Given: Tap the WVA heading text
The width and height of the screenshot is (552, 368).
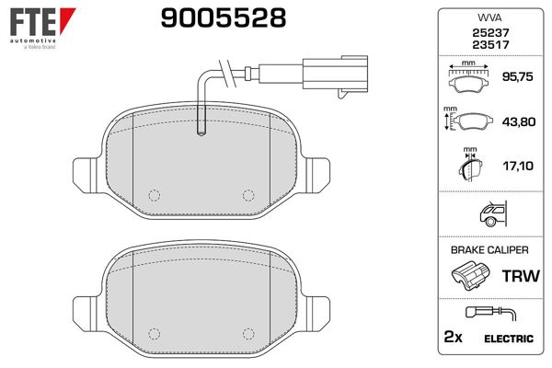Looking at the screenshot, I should [x=489, y=18].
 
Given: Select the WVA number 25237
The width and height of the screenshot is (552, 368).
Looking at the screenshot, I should [x=489, y=33].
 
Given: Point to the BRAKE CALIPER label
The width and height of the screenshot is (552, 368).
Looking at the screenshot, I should [x=489, y=250].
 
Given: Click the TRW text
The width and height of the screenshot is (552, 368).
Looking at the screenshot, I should [x=518, y=276].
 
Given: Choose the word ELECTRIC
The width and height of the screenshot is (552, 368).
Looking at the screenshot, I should [x=507, y=339].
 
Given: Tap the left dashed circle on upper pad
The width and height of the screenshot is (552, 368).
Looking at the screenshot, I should [x=154, y=194].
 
